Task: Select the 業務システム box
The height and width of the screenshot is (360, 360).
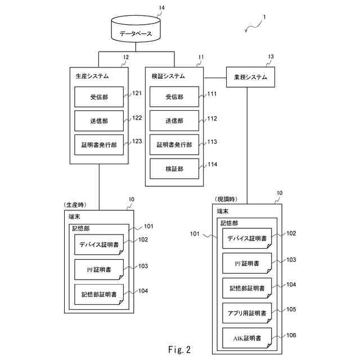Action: pos(250,77)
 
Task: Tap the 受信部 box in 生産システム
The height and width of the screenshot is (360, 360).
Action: pos(99,97)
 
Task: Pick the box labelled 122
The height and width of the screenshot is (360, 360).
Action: pos(99,120)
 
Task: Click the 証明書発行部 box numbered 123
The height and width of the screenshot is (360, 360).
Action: pos(99,145)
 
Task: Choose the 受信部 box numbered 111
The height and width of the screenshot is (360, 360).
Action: pos(174,97)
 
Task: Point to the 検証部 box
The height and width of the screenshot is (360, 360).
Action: pos(174,168)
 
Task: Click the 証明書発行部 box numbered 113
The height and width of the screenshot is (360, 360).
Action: pos(174,145)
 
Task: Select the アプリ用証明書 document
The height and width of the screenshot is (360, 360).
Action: pos(247,313)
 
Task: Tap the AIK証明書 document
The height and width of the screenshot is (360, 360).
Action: pos(247,338)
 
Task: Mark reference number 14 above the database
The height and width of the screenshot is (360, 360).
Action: pos(161,8)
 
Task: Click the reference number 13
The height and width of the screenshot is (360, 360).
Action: pos(271,57)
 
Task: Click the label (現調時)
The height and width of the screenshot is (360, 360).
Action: pos(226,200)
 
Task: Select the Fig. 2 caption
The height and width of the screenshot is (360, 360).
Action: pos(180,350)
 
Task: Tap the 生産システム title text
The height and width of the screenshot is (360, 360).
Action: pos(92,76)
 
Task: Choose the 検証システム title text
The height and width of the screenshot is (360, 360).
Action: pos(168,76)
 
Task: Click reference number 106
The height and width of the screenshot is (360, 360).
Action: pos(291,335)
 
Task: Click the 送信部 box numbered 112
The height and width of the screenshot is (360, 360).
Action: pos(174,120)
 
